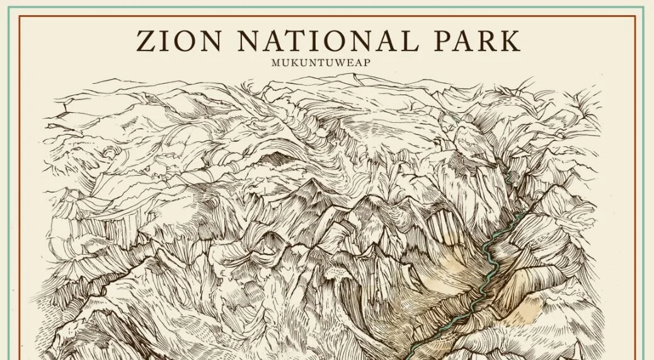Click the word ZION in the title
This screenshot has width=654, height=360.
pyautogui.click(x=180, y=41)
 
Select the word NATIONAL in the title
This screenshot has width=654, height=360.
pyautogui.click(x=328, y=41)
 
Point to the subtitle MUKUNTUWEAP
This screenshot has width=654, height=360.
pyautogui.click(x=327, y=62)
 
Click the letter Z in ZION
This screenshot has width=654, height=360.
pyautogui.click(x=147, y=41)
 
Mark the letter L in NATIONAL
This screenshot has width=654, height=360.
pyautogui.click(x=409, y=41)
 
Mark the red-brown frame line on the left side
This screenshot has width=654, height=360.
pyautogui.click(x=20, y=189)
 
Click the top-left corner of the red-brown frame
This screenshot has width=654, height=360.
pyautogui.click(x=20, y=16)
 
